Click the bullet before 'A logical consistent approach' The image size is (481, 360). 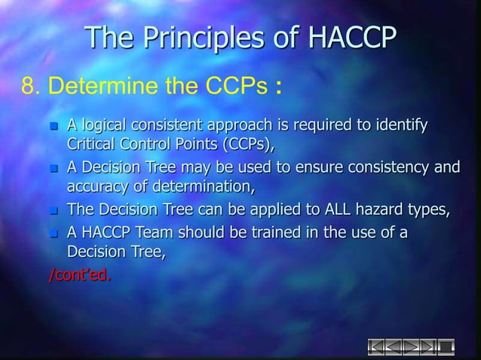tap(53, 125)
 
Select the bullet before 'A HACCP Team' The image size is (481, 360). tap(53, 233)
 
